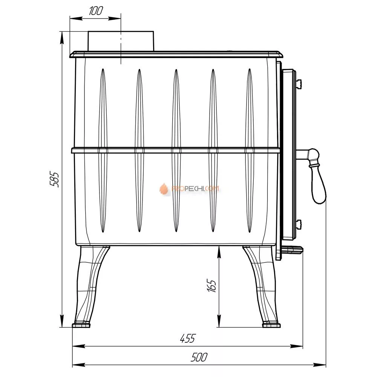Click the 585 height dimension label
pyautogui.click(x=54, y=179)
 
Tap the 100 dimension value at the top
pyautogui.click(x=96, y=11)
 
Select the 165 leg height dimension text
pyautogui.click(x=211, y=286)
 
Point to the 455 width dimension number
pyautogui.click(x=188, y=338)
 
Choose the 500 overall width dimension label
pyautogui.click(x=199, y=357)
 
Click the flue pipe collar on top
pyautogui.click(x=121, y=41)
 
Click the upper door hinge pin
pyautogui.click(x=299, y=83)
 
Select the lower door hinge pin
pyautogui.click(x=299, y=224)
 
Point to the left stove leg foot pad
pyautogui.click(x=81, y=325)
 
